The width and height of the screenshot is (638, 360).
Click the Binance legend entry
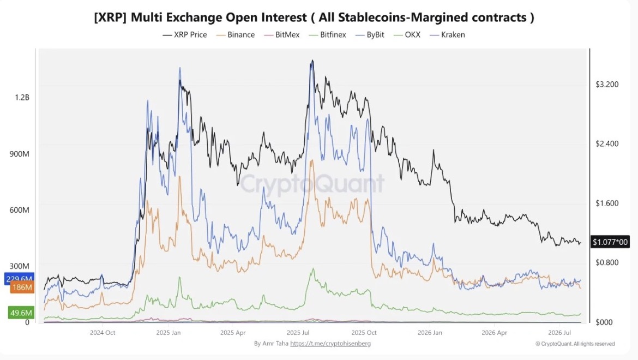tap(236, 35)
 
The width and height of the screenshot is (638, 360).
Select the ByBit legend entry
tap(370, 35)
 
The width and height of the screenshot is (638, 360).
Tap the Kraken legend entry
tap(447, 35)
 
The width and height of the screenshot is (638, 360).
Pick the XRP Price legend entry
tap(185, 35)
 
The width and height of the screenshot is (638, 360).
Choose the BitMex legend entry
tap(281, 35)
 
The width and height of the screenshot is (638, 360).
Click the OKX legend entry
tap(407, 35)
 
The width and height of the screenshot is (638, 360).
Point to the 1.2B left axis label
tap(22, 98)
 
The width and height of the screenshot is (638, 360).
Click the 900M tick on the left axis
tap(20, 154)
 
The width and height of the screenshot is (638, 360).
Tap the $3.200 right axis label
tap(607, 85)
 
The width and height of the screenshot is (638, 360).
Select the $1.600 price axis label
tap(607, 203)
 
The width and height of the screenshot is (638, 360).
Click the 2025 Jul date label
tap(299, 333)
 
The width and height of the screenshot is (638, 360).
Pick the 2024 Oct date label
tap(103, 333)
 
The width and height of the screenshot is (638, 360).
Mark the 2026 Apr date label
tap(495, 333)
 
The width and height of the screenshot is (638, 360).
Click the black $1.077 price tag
tap(610, 242)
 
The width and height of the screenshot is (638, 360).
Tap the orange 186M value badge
tap(22, 287)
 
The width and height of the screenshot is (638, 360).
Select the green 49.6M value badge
tap(21, 313)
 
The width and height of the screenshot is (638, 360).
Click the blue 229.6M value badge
tap(19, 279)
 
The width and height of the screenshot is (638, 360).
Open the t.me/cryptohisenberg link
tap(330, 344)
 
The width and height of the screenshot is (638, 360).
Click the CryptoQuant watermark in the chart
tap(312, 183)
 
